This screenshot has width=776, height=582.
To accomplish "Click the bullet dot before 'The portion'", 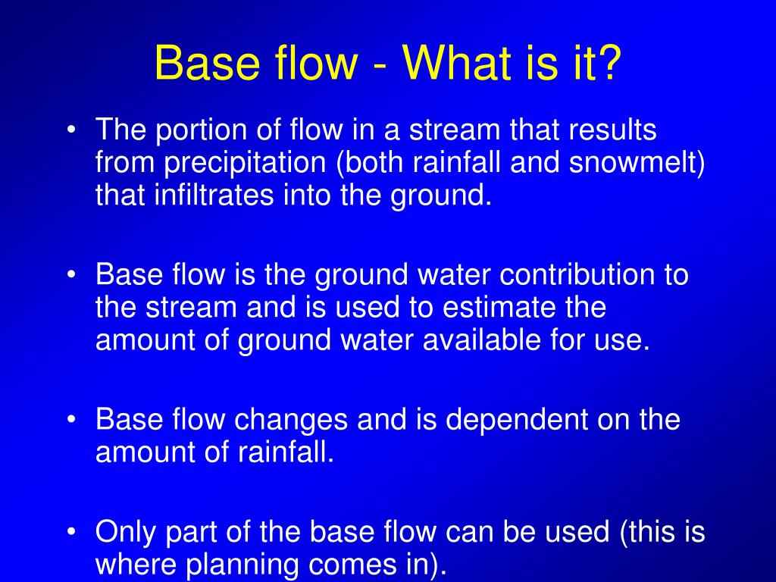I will (x=70, y=132).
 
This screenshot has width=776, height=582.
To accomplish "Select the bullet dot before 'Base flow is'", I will (x=70, y=275).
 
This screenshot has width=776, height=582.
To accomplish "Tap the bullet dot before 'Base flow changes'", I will (x=70, y=420).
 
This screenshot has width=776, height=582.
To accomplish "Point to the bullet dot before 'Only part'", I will (x=70, y=533).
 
